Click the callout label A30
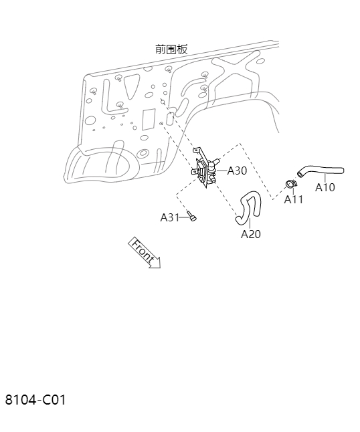click(237, 171)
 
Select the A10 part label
click(325, 187)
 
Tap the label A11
click(293, 199)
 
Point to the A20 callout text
click(250, 234)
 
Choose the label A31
click(170, 217)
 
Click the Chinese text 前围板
click(171, 49)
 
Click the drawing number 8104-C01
click(35, 400)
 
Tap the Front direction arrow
click(145, 253)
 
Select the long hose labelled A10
click(321, 170)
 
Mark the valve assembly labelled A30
click(205, 168)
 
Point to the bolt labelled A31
click(192, 216)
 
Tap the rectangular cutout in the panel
click(149, 119)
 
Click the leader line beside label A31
click(183, 217)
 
